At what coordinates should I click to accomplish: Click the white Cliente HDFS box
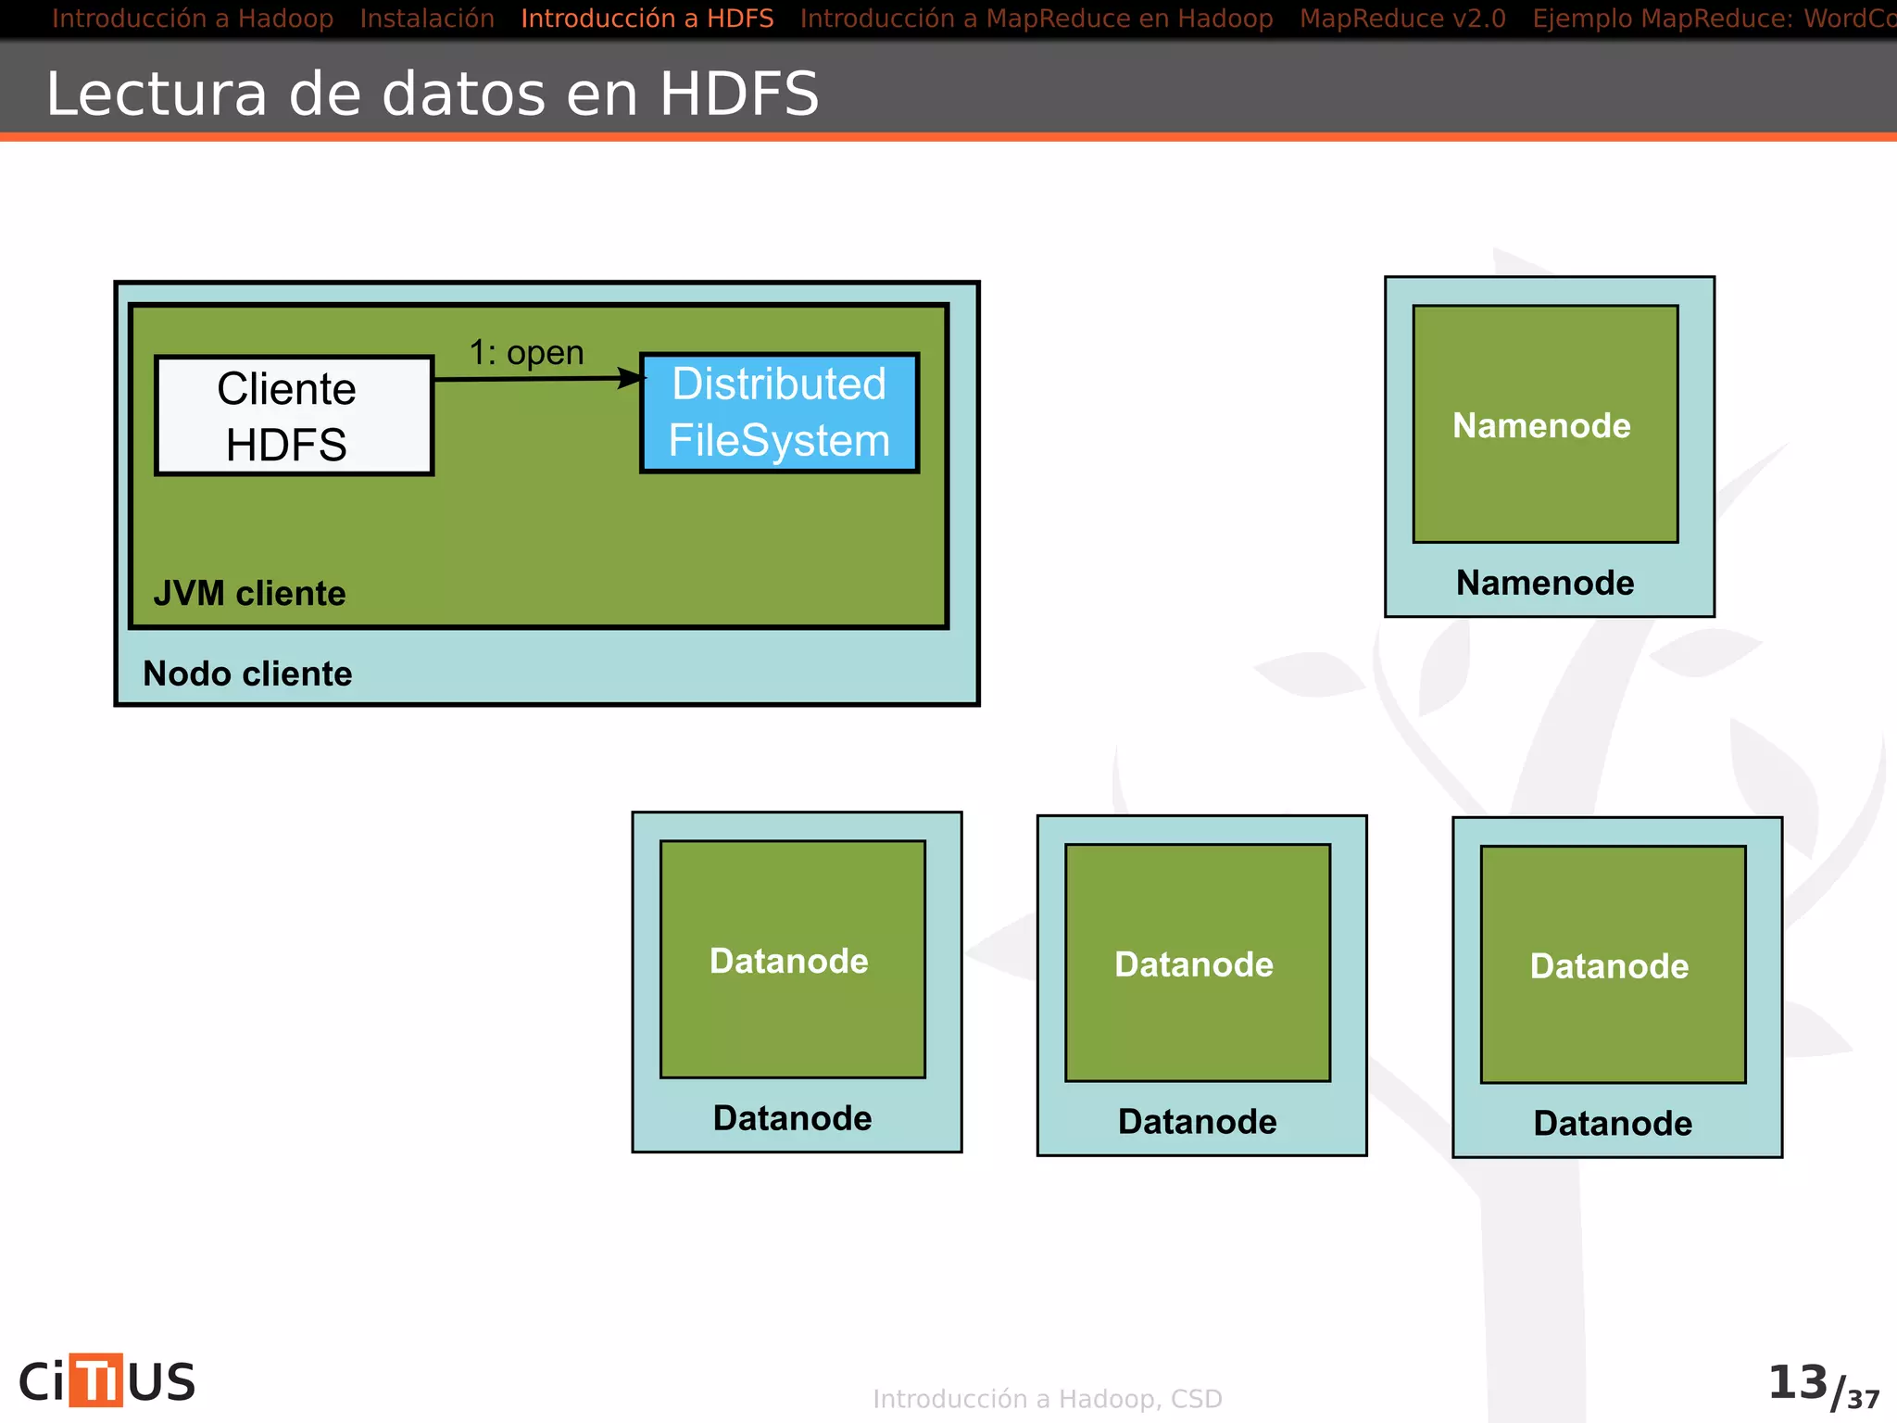coord(294,416)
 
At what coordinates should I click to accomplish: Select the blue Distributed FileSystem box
coord(779,413)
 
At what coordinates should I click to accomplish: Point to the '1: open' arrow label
coord(526,353)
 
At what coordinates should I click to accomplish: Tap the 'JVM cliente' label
coord(249,593)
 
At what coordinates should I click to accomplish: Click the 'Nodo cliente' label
coord(247,674)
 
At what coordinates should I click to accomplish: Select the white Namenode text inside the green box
coord(1541,425)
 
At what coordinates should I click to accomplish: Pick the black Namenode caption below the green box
coord(1545,583)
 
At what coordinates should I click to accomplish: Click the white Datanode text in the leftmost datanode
coord(789,961)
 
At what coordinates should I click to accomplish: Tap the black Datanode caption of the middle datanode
coord(1197,1122)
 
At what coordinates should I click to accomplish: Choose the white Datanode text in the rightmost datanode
coord(1609,966)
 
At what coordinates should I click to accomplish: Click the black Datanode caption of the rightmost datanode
coord(1613,1124)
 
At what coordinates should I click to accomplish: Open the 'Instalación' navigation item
coord(427,19)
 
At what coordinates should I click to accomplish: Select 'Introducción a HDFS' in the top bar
coord(647,19)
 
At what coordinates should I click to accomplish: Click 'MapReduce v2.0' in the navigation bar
coord(1402,19)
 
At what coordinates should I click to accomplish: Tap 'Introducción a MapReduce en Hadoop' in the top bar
coord(1036,19)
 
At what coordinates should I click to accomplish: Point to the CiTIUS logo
coord(107,1381)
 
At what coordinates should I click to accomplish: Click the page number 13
coord(1797,1382)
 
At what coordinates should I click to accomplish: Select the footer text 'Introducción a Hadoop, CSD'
coord(1048,1399)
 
